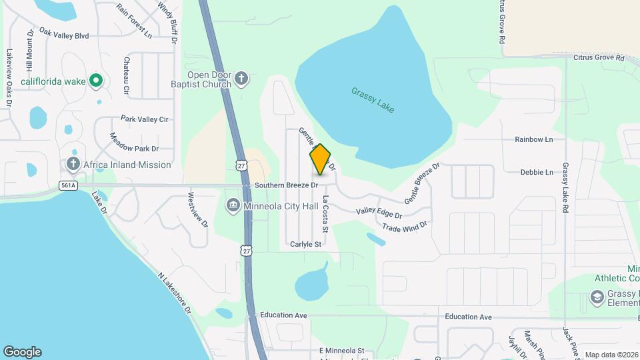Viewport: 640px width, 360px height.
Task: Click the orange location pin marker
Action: (320, 159)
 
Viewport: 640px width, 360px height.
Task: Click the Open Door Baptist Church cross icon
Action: (242, 80)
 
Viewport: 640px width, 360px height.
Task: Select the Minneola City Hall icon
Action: (233, 205)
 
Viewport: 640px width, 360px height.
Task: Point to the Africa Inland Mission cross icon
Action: (73, 164)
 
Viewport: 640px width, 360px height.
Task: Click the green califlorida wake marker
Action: (96, 81)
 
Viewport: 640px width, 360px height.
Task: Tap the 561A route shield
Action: (68, 185)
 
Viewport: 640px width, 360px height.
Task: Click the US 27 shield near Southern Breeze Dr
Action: (241, 164)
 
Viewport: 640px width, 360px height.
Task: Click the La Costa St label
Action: (325, 214)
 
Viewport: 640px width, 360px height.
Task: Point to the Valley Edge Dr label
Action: (379, 214)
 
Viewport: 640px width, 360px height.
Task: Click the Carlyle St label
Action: (305, 245)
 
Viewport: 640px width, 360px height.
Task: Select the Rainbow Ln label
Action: (534, 139)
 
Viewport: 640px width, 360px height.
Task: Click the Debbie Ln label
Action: (537, 172)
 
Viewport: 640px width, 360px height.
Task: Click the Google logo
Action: (22, 351)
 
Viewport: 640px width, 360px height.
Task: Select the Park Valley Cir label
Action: (144, 119)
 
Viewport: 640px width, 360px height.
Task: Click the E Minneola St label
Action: (341, 350)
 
